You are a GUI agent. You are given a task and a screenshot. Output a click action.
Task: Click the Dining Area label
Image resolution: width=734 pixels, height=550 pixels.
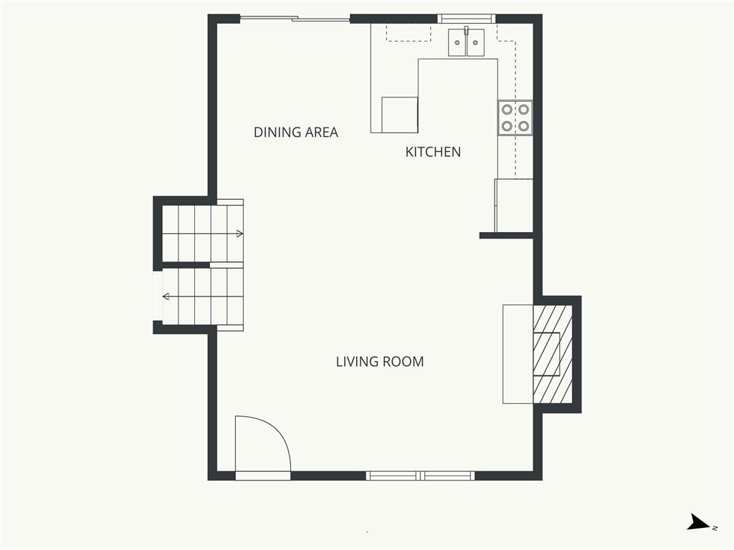click(x=296, y=132)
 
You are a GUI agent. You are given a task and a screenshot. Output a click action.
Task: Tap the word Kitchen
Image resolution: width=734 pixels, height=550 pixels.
click(x=433, y=152)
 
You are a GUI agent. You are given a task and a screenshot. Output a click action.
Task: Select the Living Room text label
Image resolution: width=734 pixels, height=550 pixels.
click(x=380, y=362)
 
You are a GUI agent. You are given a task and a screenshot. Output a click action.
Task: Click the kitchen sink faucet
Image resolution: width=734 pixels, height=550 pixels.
click(x=466, y=31)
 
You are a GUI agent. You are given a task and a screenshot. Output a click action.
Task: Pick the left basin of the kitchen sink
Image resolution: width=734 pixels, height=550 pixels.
click(x=457, y=42)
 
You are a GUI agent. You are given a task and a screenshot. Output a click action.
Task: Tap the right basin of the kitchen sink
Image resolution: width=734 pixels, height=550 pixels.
click(x=476, y=42)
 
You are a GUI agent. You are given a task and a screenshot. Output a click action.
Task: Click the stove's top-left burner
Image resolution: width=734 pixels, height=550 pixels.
click(x=507, y=110)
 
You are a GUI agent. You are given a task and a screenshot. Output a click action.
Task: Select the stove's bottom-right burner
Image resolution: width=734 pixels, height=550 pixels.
click(x=523, y=126)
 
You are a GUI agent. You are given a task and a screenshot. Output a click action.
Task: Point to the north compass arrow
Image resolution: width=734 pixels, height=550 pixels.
click(x=700, y=522)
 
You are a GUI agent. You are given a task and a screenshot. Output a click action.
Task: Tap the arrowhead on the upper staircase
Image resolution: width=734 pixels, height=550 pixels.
click(x=239, y=234)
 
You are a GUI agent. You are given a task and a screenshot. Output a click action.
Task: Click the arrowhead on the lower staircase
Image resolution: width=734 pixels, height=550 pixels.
click(x=166, y=296)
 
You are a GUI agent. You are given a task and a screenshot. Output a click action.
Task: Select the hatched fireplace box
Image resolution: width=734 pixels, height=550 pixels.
click(x=553, y=354)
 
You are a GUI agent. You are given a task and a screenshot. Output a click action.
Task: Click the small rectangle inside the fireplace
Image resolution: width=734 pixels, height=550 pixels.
click(x=547, y=354)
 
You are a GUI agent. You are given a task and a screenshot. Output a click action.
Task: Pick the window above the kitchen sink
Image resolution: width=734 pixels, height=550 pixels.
click(x=466, y=19)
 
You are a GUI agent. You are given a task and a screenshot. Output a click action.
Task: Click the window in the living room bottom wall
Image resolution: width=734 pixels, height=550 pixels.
click(x=420, y=476)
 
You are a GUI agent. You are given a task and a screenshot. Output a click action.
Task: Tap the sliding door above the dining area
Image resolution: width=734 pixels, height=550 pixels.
click(x=295, y=19)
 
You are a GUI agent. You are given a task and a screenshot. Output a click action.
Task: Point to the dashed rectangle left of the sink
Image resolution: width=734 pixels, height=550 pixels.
click(x=408, y=33)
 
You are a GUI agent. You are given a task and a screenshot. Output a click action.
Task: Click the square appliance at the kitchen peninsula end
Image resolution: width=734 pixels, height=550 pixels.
click(x=400, y=115)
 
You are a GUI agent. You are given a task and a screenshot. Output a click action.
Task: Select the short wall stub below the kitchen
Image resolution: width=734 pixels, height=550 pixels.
click(x=507, y=236)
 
